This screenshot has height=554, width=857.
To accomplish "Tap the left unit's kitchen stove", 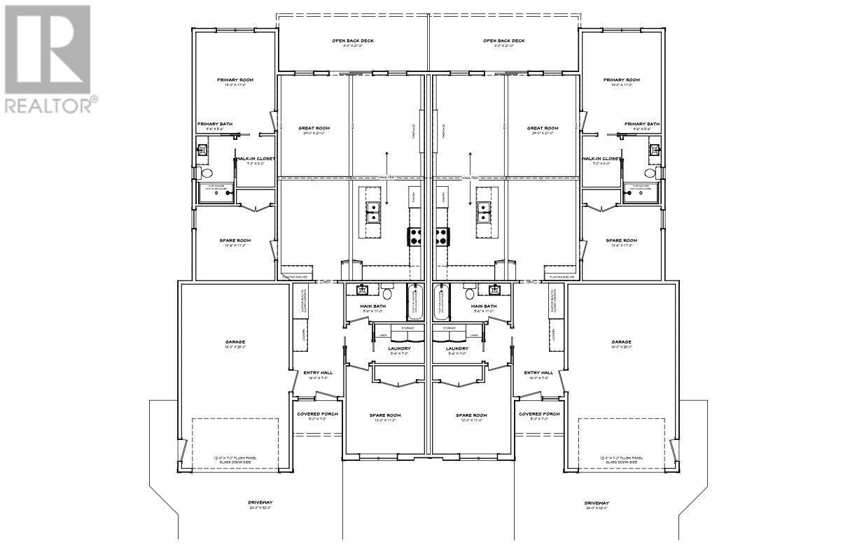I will click(x=414, y=236).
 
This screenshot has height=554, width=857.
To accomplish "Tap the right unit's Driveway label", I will click(x=597, y=503).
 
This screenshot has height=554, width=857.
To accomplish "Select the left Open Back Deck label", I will click(x=353, y=41).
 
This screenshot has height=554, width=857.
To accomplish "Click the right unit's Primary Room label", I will click(x=622, y=80).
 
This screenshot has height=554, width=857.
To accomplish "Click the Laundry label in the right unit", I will click(x=457, y=348).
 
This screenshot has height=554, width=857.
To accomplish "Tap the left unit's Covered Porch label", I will click(x=317, y=414).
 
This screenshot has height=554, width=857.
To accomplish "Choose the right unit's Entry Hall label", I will click(x=538, y=373).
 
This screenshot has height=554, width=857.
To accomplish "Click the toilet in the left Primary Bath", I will click(x=206, y=173).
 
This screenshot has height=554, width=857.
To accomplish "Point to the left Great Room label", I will click(x=314, y=129).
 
